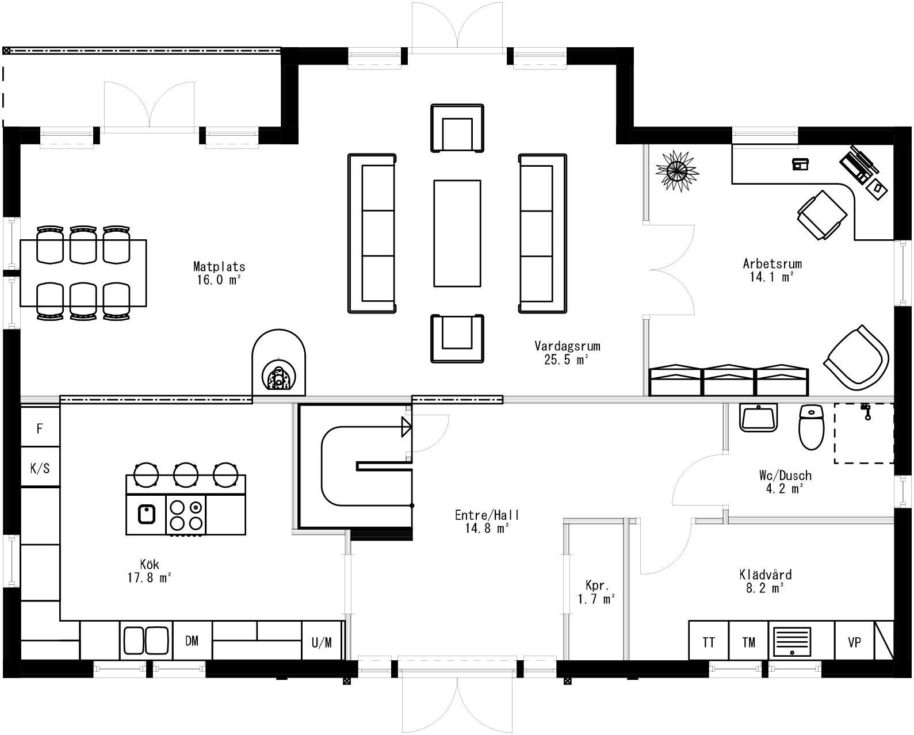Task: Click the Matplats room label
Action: tap(219, 266)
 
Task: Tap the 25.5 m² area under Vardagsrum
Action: tap(567, 360)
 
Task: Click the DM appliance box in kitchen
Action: tap(192, 641)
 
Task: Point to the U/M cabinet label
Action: tap(322, 642)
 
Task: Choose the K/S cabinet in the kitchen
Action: tap(40, 468)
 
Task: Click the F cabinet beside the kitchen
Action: tap(40, 428)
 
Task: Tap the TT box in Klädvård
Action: tap(709, 642)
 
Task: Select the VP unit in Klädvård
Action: tap(854, 642)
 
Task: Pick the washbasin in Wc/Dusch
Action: tap(759, 418)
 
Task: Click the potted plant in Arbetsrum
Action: tap(677, 170)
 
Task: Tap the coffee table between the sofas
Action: tap(457, 233)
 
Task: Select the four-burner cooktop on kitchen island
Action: tap(186, 515)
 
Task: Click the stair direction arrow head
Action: tap(407, 427)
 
